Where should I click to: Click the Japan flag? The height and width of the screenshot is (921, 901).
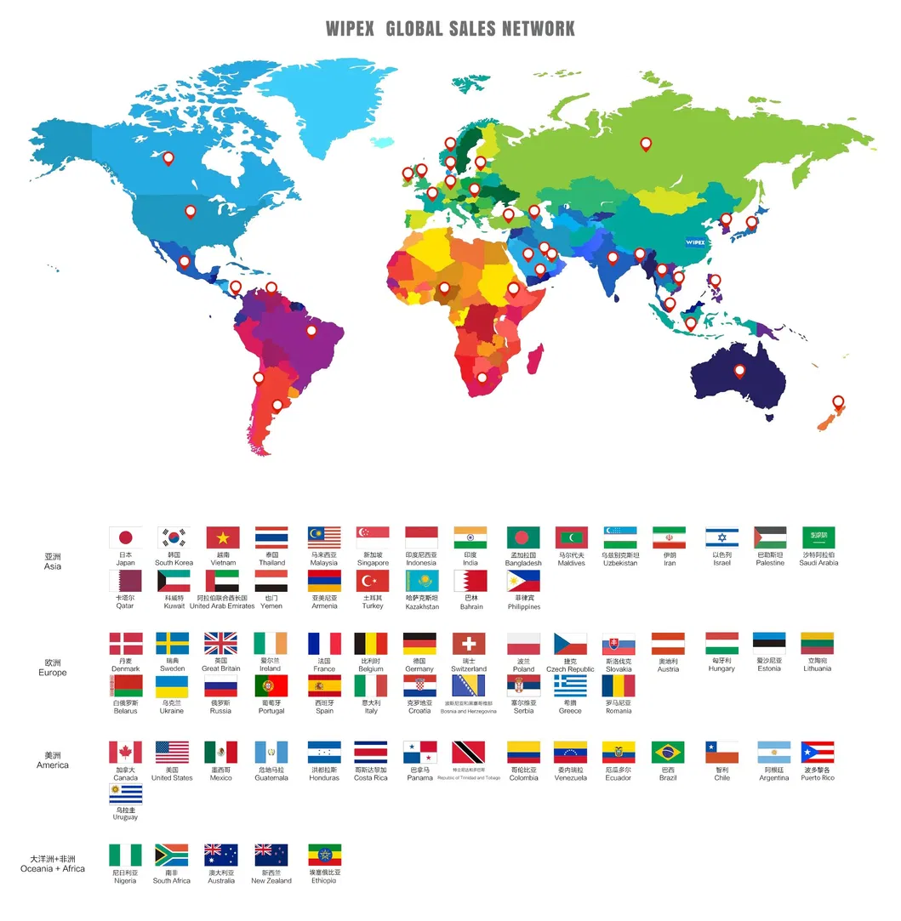click(125, 537)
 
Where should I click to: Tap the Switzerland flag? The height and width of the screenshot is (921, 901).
click(469, 644)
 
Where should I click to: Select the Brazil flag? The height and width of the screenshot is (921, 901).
click(668, 753)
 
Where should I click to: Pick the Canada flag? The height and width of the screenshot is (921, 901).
click(125, 753)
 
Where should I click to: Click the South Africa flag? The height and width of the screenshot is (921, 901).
click(171, 855)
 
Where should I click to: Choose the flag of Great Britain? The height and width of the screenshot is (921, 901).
click(221, 643)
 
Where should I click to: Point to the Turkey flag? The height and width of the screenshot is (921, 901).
click(373, 581)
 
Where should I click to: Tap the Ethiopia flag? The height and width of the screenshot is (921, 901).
click(324, 855)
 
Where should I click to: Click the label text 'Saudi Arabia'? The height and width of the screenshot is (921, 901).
click(818, 563)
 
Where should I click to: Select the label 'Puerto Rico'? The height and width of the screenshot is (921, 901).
click(817, 778)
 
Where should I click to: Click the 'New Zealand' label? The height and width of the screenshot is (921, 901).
click(271, 881)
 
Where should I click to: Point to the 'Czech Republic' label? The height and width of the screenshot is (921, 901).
click(570, 669)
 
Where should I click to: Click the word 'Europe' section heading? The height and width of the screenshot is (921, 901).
click(53, 673)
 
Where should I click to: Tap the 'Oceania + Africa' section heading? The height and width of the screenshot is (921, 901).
click(53, 869)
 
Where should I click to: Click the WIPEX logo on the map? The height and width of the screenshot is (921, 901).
click(695, 242)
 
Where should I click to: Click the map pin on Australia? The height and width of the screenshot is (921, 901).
click(739, 371)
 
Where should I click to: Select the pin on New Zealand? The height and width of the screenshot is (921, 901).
click(838, 402)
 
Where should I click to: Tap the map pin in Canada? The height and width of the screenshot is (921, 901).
click(168, 157)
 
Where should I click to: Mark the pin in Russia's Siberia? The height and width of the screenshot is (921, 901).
click(646, 144)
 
